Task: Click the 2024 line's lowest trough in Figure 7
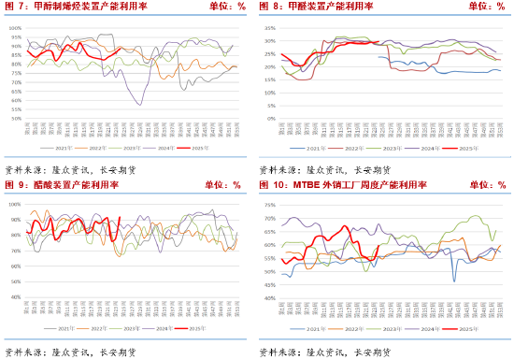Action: tap(141, 104)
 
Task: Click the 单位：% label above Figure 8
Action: tap(487, 7)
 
